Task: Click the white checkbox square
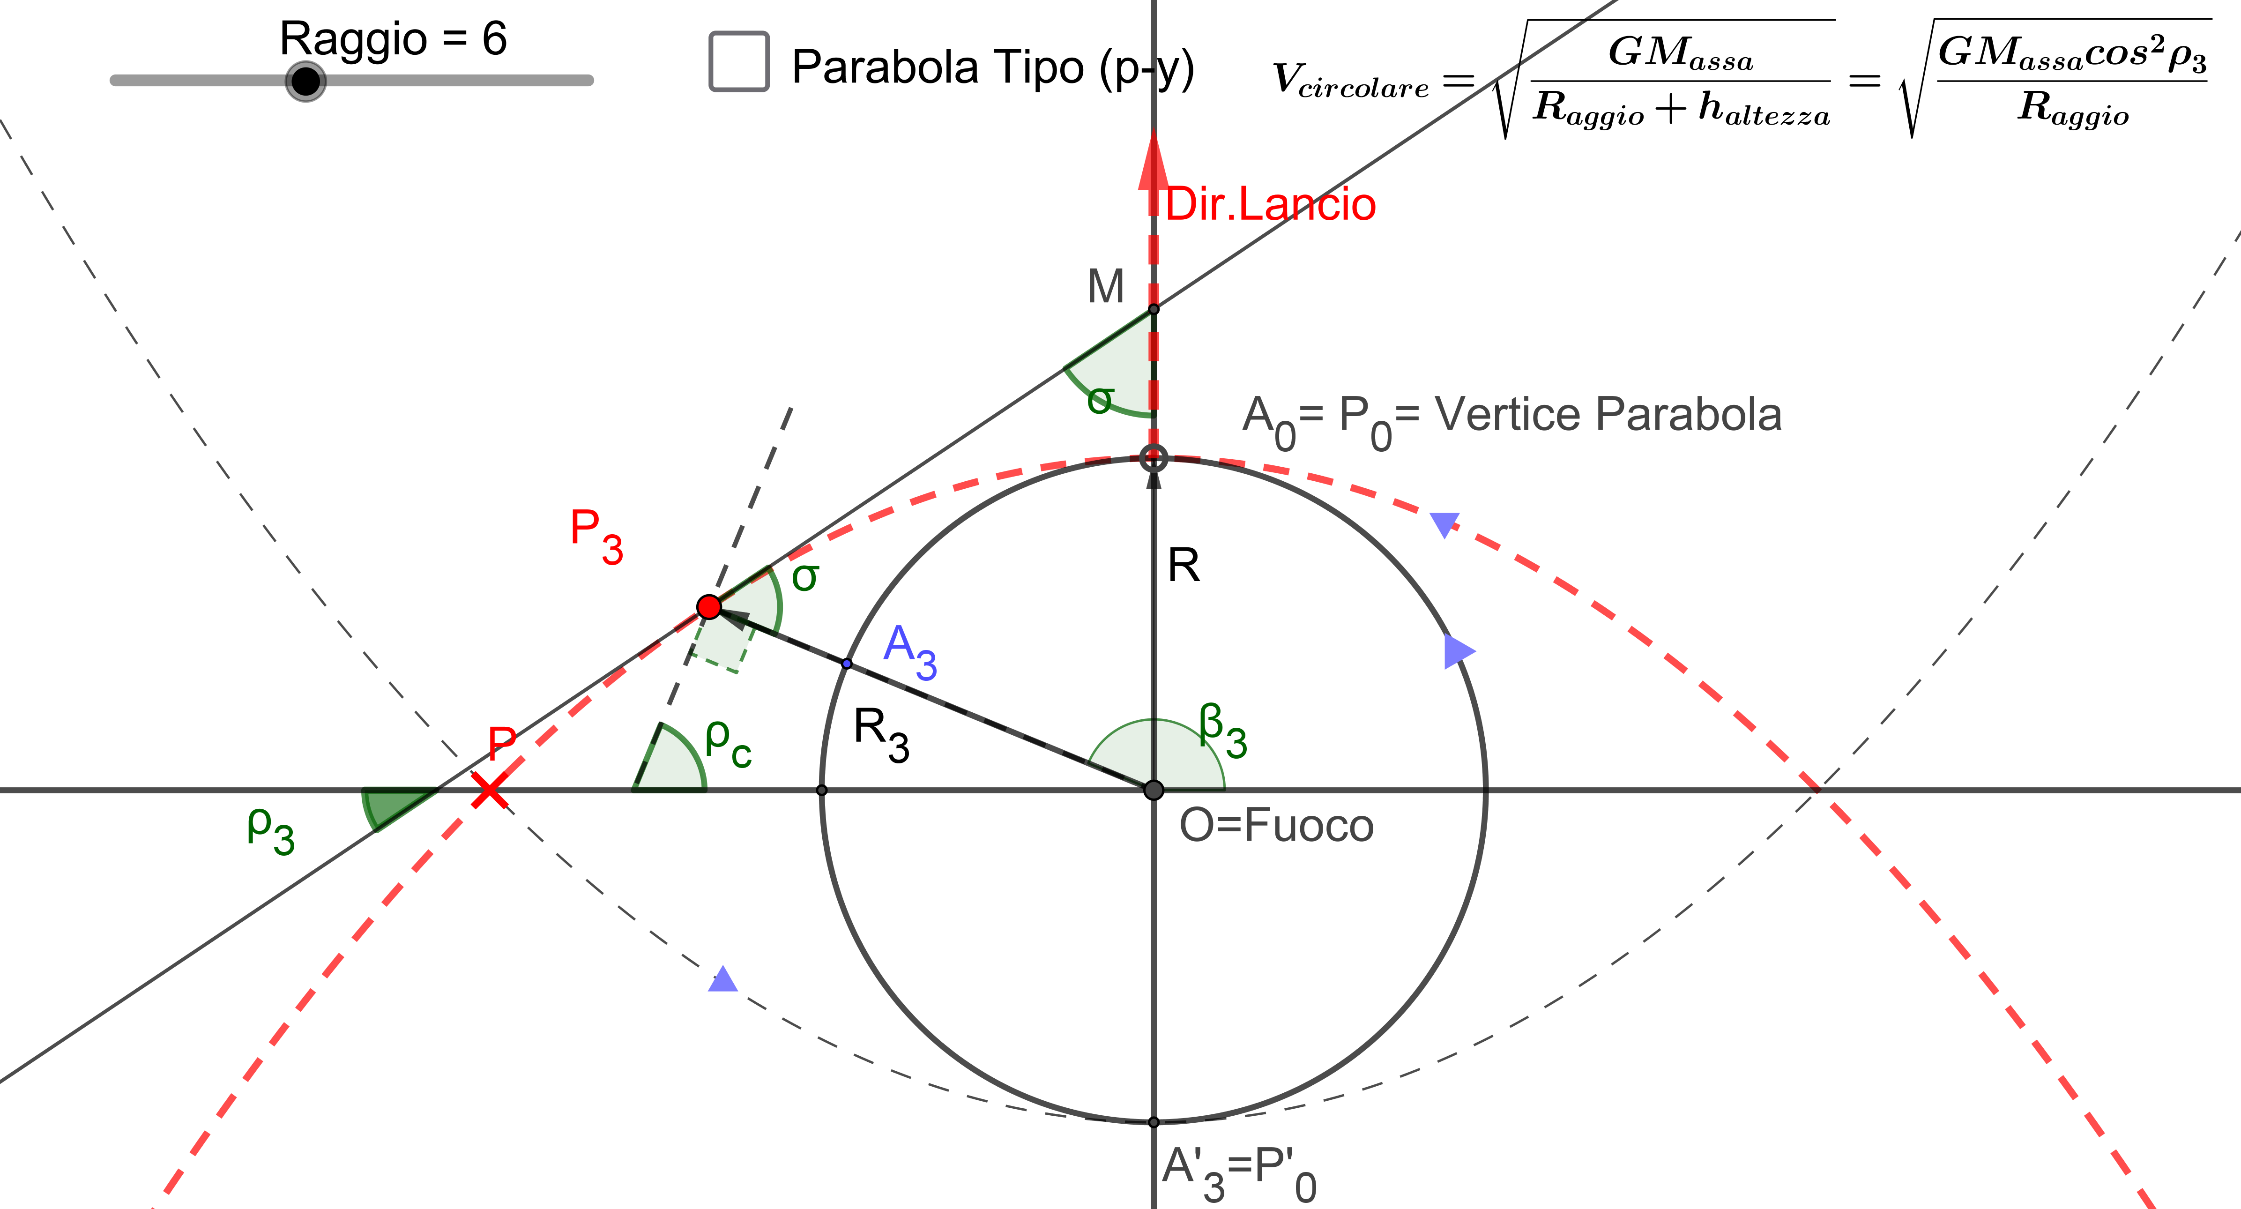738,61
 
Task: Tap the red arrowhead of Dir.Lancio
1154,161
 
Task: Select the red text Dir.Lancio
1270,204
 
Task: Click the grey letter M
1106,286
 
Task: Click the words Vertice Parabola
1608,414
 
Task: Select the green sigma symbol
804,577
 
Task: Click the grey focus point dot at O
1154,790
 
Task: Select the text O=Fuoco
1275,825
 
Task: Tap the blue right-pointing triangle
1458,650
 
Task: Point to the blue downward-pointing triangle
1444,524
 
